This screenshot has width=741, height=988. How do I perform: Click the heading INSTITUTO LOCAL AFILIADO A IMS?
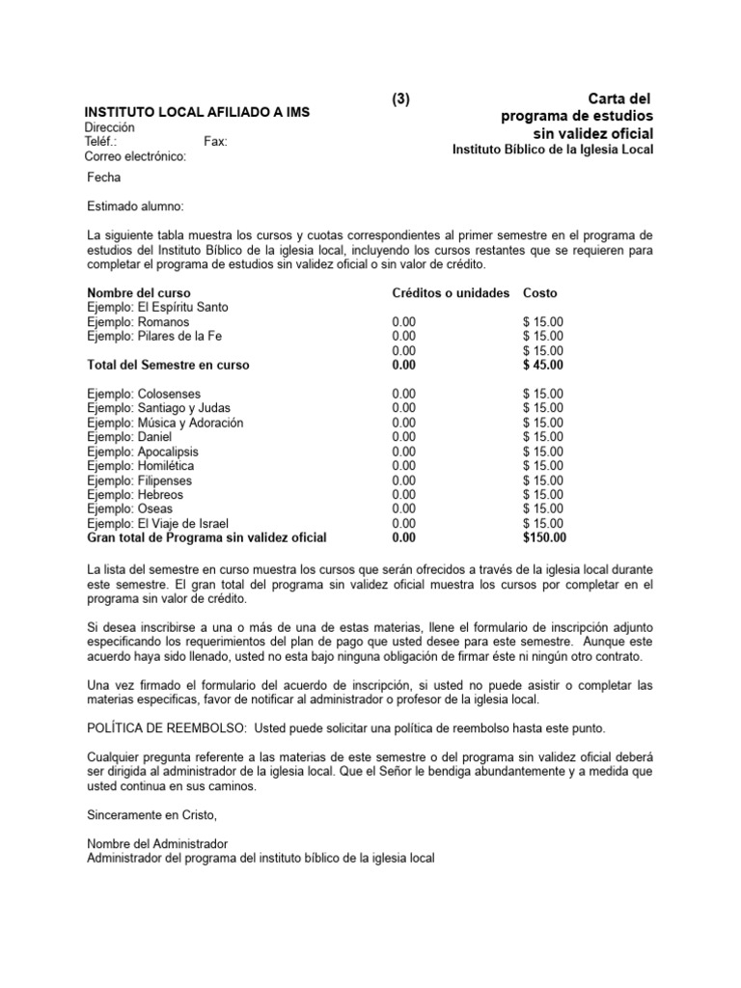tap(197, 113)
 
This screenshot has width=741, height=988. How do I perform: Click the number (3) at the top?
tap(401, 99)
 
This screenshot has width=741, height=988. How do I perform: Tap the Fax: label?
tap(216, 142)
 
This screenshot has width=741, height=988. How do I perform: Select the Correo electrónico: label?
tap(135, 156)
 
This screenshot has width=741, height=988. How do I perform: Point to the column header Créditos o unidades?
tap(451, 292)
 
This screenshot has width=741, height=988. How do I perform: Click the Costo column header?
tap(539, 292)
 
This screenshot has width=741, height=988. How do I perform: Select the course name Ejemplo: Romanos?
tap(138, 321)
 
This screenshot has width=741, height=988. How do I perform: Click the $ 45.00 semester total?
tap(543, 365)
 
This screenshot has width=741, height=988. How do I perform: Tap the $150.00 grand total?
tap(544, 537)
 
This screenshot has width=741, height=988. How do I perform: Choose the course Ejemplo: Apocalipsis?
tap(143, 451)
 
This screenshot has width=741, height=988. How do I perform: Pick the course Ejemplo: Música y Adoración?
tap(165, 423)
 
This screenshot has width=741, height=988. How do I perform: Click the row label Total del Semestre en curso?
tap(168, 365)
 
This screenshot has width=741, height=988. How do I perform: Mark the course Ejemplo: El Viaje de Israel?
tap(158, 523)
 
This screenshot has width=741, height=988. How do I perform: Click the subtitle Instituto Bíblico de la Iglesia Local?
tap(553, 150)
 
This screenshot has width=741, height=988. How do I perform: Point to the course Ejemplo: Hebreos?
tap(135, 494)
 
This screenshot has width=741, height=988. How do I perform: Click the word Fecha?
tap(104, 178)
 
